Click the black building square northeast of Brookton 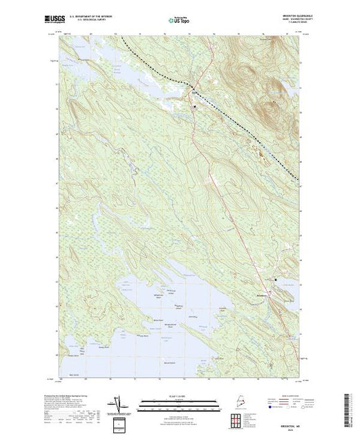pyautogui.click(x=278, y=280)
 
